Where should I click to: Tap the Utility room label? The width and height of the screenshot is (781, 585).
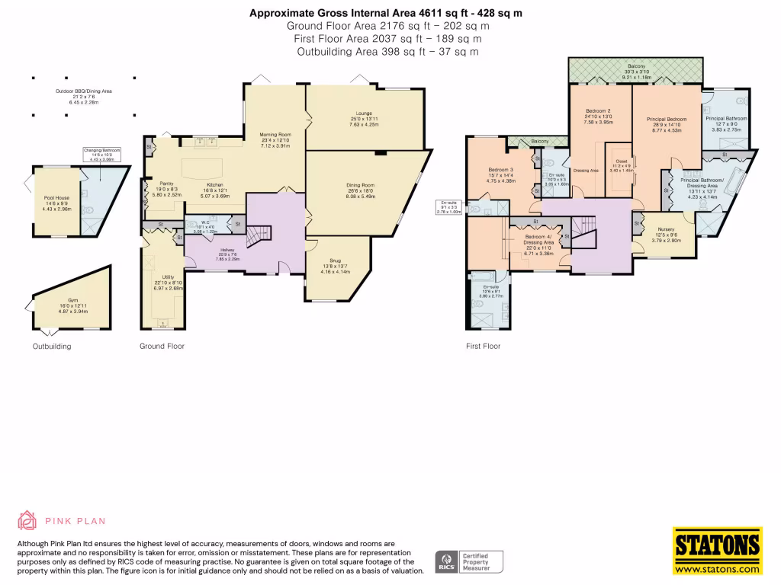click(x=168, y=278)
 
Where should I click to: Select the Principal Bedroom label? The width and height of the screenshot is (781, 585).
click(x=667, y=120)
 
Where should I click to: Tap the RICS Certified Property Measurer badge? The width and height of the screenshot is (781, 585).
click(x=468, y=561)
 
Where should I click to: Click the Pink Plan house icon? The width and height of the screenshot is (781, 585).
click(x=27, y=521)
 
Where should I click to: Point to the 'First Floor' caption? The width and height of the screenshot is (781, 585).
click(x=483, y=346)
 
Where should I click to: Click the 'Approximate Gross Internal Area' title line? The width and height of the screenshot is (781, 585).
click(x=387, y=13)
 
